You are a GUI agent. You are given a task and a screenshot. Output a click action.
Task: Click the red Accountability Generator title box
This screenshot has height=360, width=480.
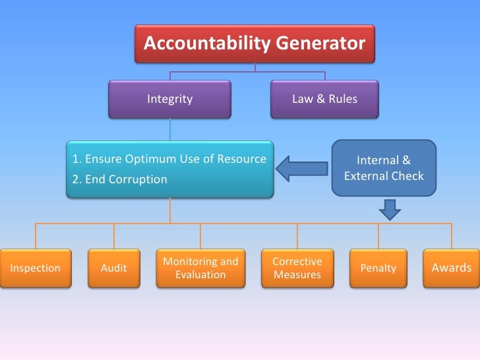coord(255,44)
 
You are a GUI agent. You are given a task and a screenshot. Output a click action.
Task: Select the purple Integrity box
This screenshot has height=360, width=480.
coord(169,99)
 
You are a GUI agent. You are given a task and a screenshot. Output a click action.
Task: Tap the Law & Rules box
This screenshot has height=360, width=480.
coord(324,99)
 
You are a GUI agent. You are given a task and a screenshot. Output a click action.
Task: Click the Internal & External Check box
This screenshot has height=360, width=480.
coord(384,168)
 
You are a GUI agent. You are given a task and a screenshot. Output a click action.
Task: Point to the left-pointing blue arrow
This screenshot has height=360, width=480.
coord(301,169)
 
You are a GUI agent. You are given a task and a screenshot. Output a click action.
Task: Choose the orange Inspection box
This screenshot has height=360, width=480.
coord(35,268)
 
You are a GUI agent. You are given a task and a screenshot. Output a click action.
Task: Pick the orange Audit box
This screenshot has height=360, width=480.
coord(113,268)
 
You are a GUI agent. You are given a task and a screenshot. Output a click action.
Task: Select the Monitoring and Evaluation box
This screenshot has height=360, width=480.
coord(200,268)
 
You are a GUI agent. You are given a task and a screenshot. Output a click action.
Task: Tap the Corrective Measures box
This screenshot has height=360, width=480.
coord(297,268)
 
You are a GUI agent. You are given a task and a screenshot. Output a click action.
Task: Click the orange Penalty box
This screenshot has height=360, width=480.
coord(378,268)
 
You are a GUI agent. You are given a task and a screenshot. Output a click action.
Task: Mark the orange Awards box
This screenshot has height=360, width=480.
coord(451,268)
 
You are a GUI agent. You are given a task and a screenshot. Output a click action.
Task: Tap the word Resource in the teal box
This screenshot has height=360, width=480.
coord(241,159)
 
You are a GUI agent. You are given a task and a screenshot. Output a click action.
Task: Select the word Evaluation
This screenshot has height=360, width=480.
coord(200,274)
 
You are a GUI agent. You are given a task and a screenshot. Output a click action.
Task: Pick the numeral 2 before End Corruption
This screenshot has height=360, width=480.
coord(75,179)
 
